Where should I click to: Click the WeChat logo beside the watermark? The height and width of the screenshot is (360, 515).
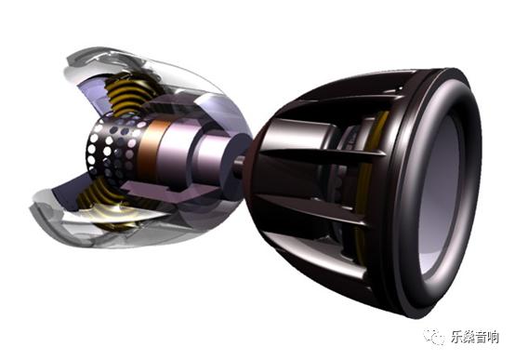click(x=434, y=336)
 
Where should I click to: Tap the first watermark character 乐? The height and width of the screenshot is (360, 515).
click(x=456, y=337)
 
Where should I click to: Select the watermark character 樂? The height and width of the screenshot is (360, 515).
click(x=469, y=337)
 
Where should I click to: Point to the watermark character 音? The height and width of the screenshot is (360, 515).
click(x=481, y=337)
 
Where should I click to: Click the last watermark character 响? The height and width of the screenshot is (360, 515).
click(x=493, y=337)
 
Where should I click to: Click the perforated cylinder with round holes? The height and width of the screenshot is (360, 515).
click(x=112, y=148)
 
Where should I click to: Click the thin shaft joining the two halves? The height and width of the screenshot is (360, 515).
click(x=240, y=162)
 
